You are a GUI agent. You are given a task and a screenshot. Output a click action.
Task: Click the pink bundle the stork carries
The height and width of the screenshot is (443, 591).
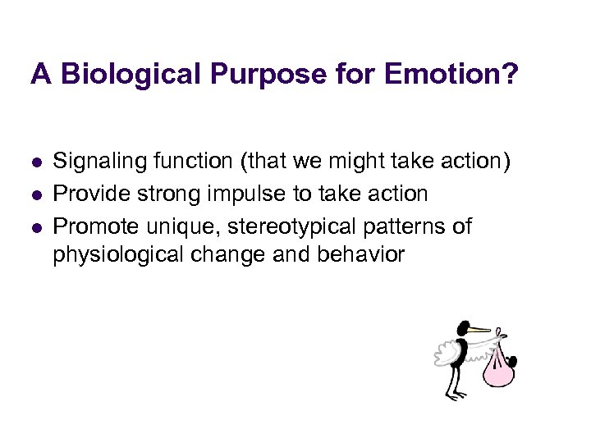[x=497, y=368]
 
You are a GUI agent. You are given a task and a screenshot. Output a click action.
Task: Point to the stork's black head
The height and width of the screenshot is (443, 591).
[x=462, y=329]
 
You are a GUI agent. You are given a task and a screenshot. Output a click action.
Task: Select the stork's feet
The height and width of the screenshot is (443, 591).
[x=456, y=397]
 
